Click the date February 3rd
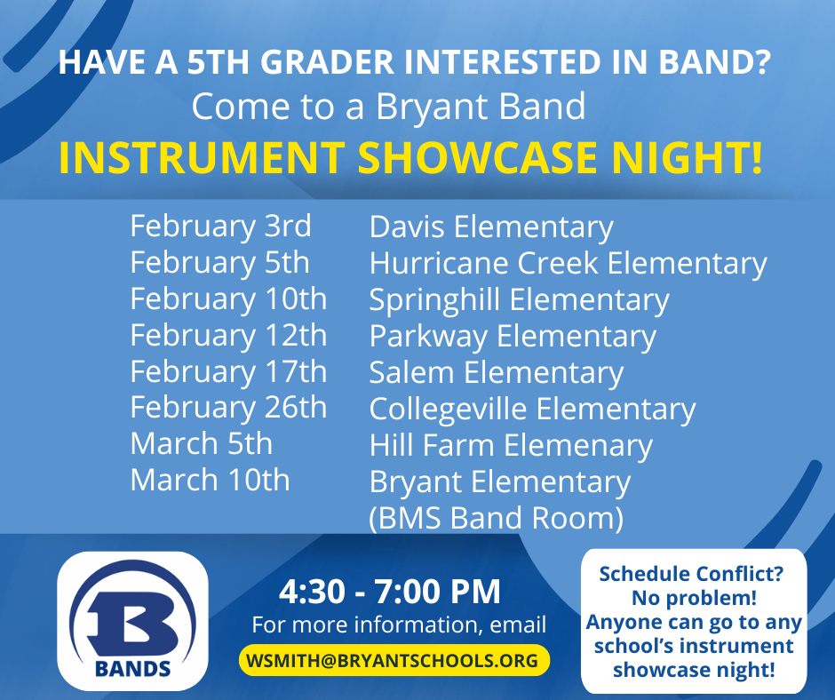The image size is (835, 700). pos(220,227)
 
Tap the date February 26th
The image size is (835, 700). pos(228,408)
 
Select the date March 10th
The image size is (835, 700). pos(210,481)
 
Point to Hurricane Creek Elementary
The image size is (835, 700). pos(568,264)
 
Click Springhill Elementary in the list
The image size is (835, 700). pos(519,300)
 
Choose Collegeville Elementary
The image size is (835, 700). pos(532,410)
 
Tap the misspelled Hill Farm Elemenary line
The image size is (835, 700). pos(511,446)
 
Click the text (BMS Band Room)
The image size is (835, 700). pos(496,518)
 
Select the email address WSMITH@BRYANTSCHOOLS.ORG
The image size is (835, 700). pos(394,661)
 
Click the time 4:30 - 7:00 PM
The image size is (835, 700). pos(390,591)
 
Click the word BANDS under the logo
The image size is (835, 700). pos(133,668)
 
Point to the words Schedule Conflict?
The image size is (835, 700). pos(691,574)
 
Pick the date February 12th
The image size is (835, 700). pos(228,336)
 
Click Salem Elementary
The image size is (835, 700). pos(496,373)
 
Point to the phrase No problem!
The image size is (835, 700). pos(694,598)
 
